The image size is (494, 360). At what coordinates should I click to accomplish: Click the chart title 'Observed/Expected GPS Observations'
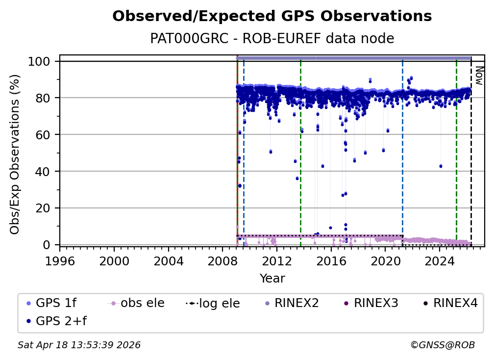tap(272, 17)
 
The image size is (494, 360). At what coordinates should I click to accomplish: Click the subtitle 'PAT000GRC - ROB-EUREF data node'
tap(272, 38)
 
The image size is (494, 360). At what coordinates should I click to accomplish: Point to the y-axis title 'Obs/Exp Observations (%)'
tap(15, 154)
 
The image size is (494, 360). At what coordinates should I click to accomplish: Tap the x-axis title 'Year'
tap(272, 279)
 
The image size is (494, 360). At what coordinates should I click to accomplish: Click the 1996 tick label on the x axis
tap(60, 260)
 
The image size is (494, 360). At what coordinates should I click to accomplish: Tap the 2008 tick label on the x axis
tap(222, 260)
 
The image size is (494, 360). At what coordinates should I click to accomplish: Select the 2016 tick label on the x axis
tap(331, 260)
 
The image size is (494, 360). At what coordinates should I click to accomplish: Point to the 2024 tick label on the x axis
tap(440, 260)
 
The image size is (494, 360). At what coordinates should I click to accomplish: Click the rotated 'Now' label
tap(479, 76)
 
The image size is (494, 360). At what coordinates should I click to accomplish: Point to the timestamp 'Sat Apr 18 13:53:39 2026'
tap(79, 345)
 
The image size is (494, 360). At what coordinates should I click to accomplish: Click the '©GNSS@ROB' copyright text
tap(443, 345)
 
